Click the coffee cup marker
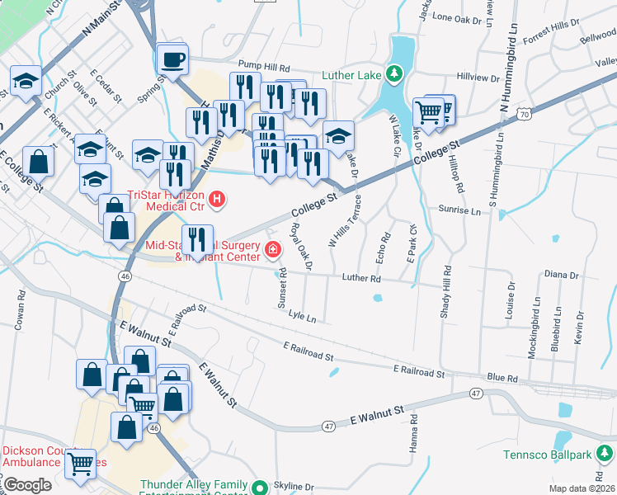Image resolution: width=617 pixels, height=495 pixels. (172, 59)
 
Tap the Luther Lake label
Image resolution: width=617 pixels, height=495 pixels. (351, 75)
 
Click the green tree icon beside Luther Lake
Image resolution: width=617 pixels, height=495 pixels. (394, 75)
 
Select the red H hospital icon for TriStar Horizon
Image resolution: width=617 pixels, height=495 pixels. (217, 198)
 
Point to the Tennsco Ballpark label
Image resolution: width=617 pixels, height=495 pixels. (549, 455)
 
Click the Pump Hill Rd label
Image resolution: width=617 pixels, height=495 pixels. (264, 65)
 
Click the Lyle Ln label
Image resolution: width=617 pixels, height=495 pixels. (303, 316)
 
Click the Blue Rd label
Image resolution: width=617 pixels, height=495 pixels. (502, 378)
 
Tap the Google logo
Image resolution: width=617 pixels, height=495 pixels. (27, 485)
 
